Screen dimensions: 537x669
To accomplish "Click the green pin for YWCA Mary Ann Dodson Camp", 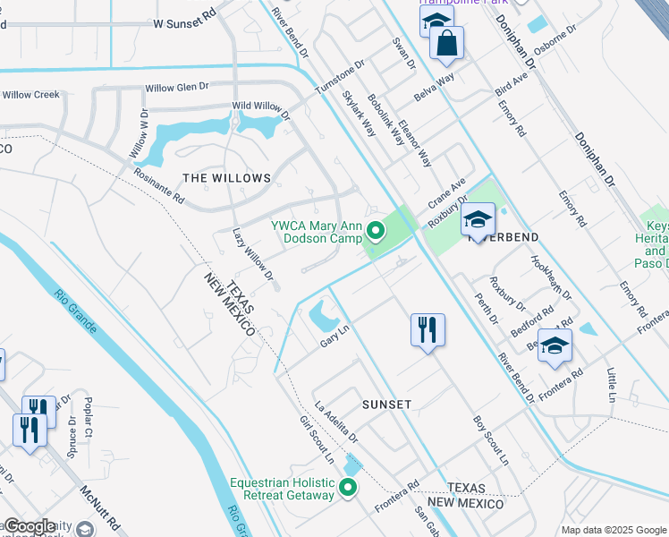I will pos(376,233).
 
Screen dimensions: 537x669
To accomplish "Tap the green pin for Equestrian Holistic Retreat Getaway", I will pos(348,488).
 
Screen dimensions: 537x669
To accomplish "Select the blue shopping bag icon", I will pos(445,43).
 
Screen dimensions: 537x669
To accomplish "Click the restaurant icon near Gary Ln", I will pos(428,329).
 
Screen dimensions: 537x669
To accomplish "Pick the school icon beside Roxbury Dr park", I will pos(478,220).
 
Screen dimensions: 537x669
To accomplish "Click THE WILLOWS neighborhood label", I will pos(227,178).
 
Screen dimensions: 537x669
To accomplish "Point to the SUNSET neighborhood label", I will pos(386,405).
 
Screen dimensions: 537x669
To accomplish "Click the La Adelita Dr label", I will pos(335,425).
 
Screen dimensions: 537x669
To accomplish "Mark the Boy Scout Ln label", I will pos(490,441).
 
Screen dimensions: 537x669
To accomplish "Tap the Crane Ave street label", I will pos(447,193).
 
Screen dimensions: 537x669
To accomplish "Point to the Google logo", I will pos(30,526).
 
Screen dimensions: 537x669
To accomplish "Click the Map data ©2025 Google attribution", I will pos(614,530).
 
